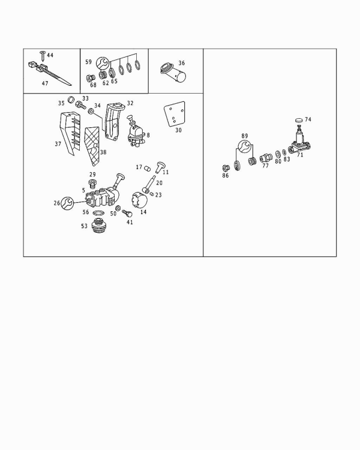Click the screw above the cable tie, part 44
(x=43, y=56)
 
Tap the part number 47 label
(x=45, y=83)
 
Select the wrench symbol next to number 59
(x=102, y=63)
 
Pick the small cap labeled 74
(x=299, y=120)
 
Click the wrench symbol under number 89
(x=244, y=146)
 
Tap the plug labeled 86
(x=226, y=168)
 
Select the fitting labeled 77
(x=266, y=158)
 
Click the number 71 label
(x=300, y=155)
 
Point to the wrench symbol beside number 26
(x=68, y=203)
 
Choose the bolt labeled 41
(x=127, y=214)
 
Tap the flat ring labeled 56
(x=99, y=213)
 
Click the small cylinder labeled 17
(x=147, y=168)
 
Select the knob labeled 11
(x=160, y=167)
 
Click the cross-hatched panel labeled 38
(x=92, y=146)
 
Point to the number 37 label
(x=58, y=144)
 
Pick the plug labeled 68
(x=91, y=78)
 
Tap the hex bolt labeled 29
(x=92, y=184)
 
